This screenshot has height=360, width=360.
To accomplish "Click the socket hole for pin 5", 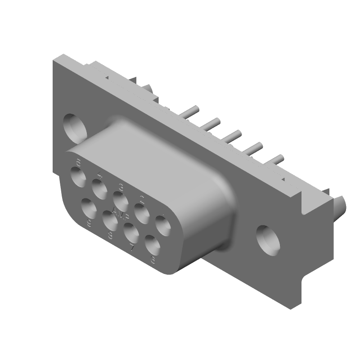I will [x=78, y=177].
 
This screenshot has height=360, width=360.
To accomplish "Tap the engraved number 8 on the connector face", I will [x=110, y=234].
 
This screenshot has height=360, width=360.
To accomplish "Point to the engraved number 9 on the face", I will [x=89, y=223].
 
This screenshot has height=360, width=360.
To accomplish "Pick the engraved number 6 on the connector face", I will [x=153, y=260].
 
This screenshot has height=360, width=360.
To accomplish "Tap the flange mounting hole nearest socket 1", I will [x=269, y=238].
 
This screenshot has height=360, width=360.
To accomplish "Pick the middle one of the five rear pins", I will [x=234, y=134].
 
